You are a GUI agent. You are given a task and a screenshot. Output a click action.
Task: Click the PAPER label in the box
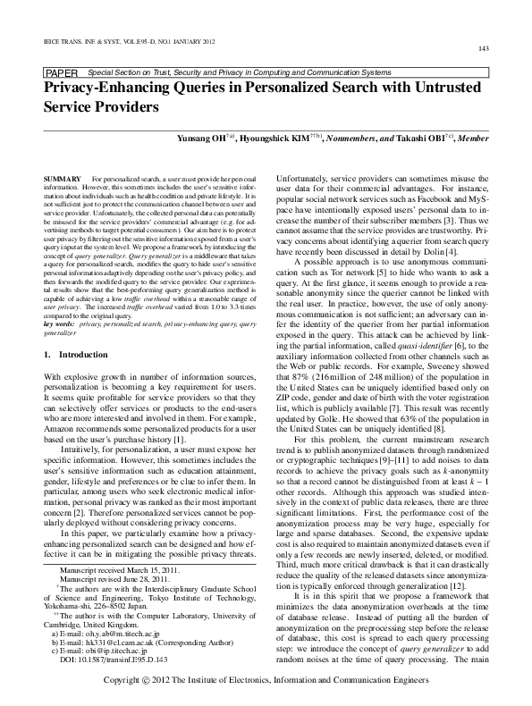pos(61,71)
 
